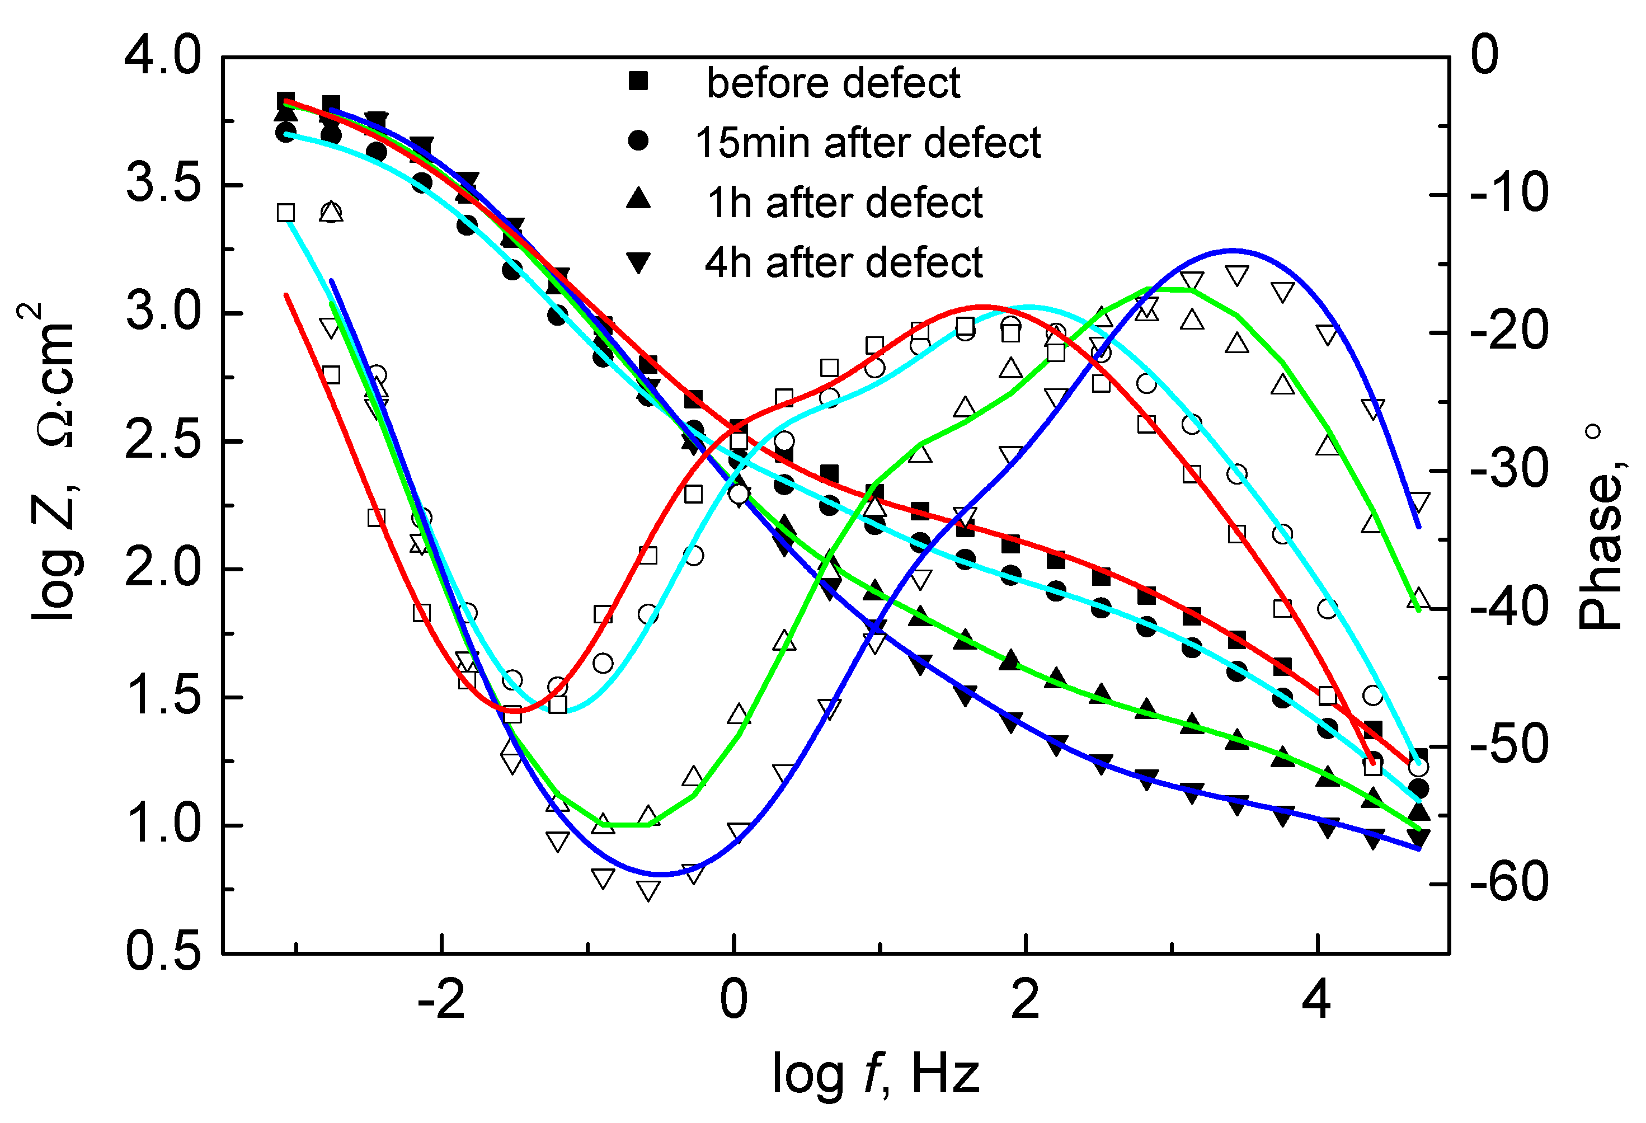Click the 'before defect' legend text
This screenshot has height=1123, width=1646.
pos(833,83)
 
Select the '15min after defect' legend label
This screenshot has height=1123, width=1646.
pos(868,143)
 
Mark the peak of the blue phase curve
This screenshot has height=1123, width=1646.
pos(1233,250)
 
